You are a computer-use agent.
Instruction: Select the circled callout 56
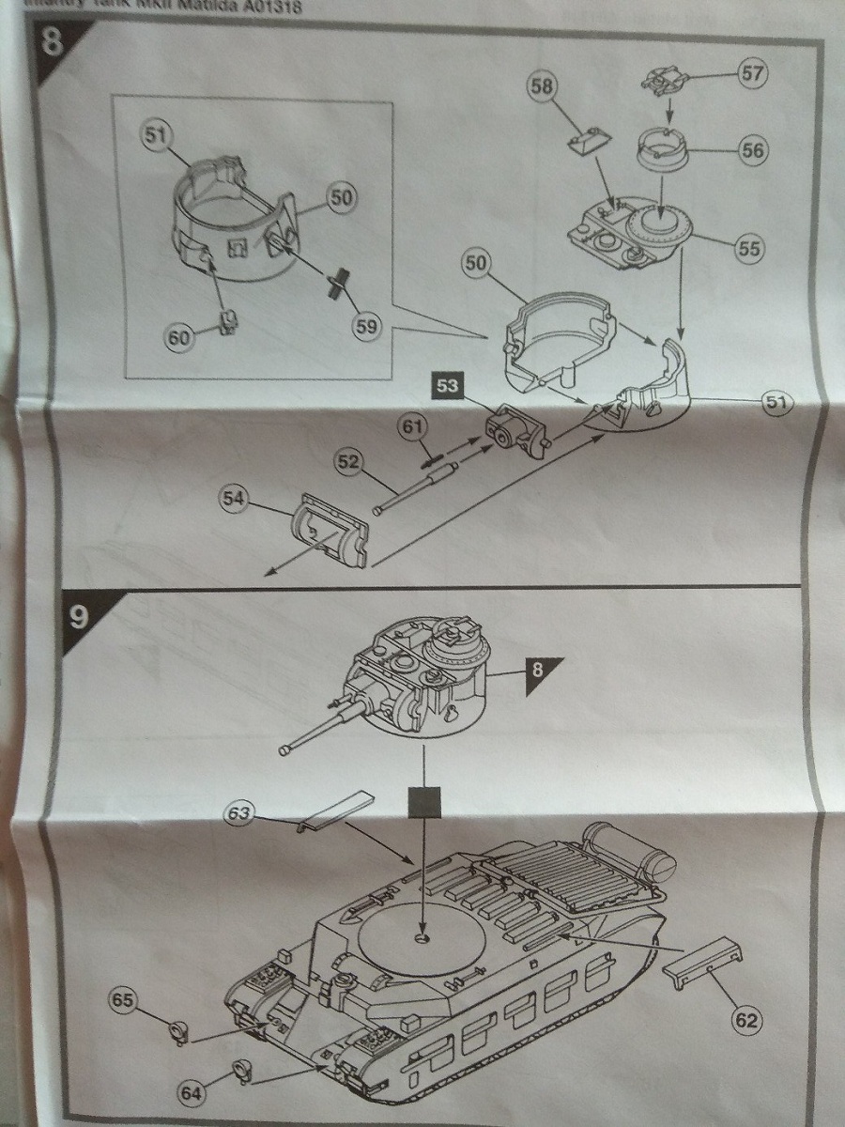[752, 149]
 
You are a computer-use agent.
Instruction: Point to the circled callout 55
[749, 249]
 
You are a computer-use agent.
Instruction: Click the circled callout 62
[747, 1019]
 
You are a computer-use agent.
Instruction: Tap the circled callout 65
[124, 999]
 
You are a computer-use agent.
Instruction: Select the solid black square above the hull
[426, 804]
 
